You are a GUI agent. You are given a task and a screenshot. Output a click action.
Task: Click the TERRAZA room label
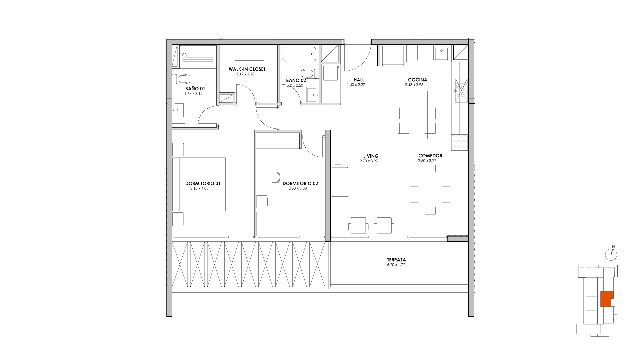coord(396,260)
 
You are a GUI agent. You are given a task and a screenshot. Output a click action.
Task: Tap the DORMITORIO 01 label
coord(203,184)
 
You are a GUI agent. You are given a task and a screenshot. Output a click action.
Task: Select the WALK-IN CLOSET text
coord(247,69)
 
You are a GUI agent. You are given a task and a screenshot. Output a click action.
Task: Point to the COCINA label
coord(417,80)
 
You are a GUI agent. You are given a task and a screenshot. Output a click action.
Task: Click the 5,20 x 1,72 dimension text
coord(396,265)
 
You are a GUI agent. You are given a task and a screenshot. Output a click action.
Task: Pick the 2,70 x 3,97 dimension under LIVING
coord(369,161)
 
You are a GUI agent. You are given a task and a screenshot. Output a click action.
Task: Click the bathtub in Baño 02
coord(299,54)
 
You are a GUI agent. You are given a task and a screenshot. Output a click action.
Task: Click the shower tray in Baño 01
coord(198,55)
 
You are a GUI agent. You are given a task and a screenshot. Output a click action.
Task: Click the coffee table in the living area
coord(372,187)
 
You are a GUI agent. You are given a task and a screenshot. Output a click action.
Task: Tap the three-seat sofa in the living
coord(340,189)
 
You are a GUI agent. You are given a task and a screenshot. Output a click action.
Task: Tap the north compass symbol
coord(611,254)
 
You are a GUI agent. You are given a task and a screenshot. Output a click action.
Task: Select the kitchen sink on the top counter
coord(441,53)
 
